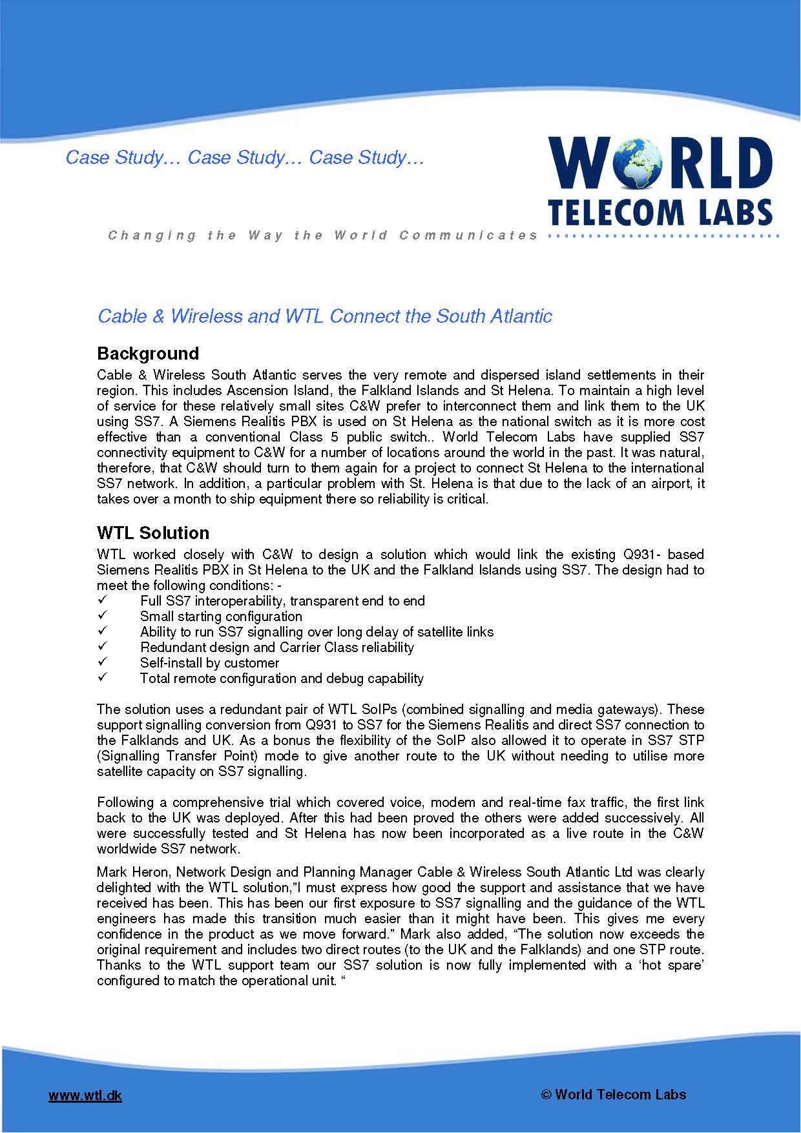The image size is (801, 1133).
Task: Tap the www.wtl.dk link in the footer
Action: pos(85,1096)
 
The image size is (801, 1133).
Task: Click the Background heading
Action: pos(148,354)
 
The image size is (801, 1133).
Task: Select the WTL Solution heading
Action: pos(153,533)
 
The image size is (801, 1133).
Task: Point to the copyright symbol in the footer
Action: pos(546,1094)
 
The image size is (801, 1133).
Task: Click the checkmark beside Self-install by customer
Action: pos(101,663)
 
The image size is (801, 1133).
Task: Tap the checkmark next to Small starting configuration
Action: pos(101,617)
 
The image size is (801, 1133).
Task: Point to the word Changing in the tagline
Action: pos(152,236)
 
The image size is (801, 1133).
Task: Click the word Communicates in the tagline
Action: pos(468,236)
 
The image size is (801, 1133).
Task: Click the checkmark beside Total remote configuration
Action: pos(101,679)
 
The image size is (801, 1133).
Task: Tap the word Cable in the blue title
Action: pos(122,316)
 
